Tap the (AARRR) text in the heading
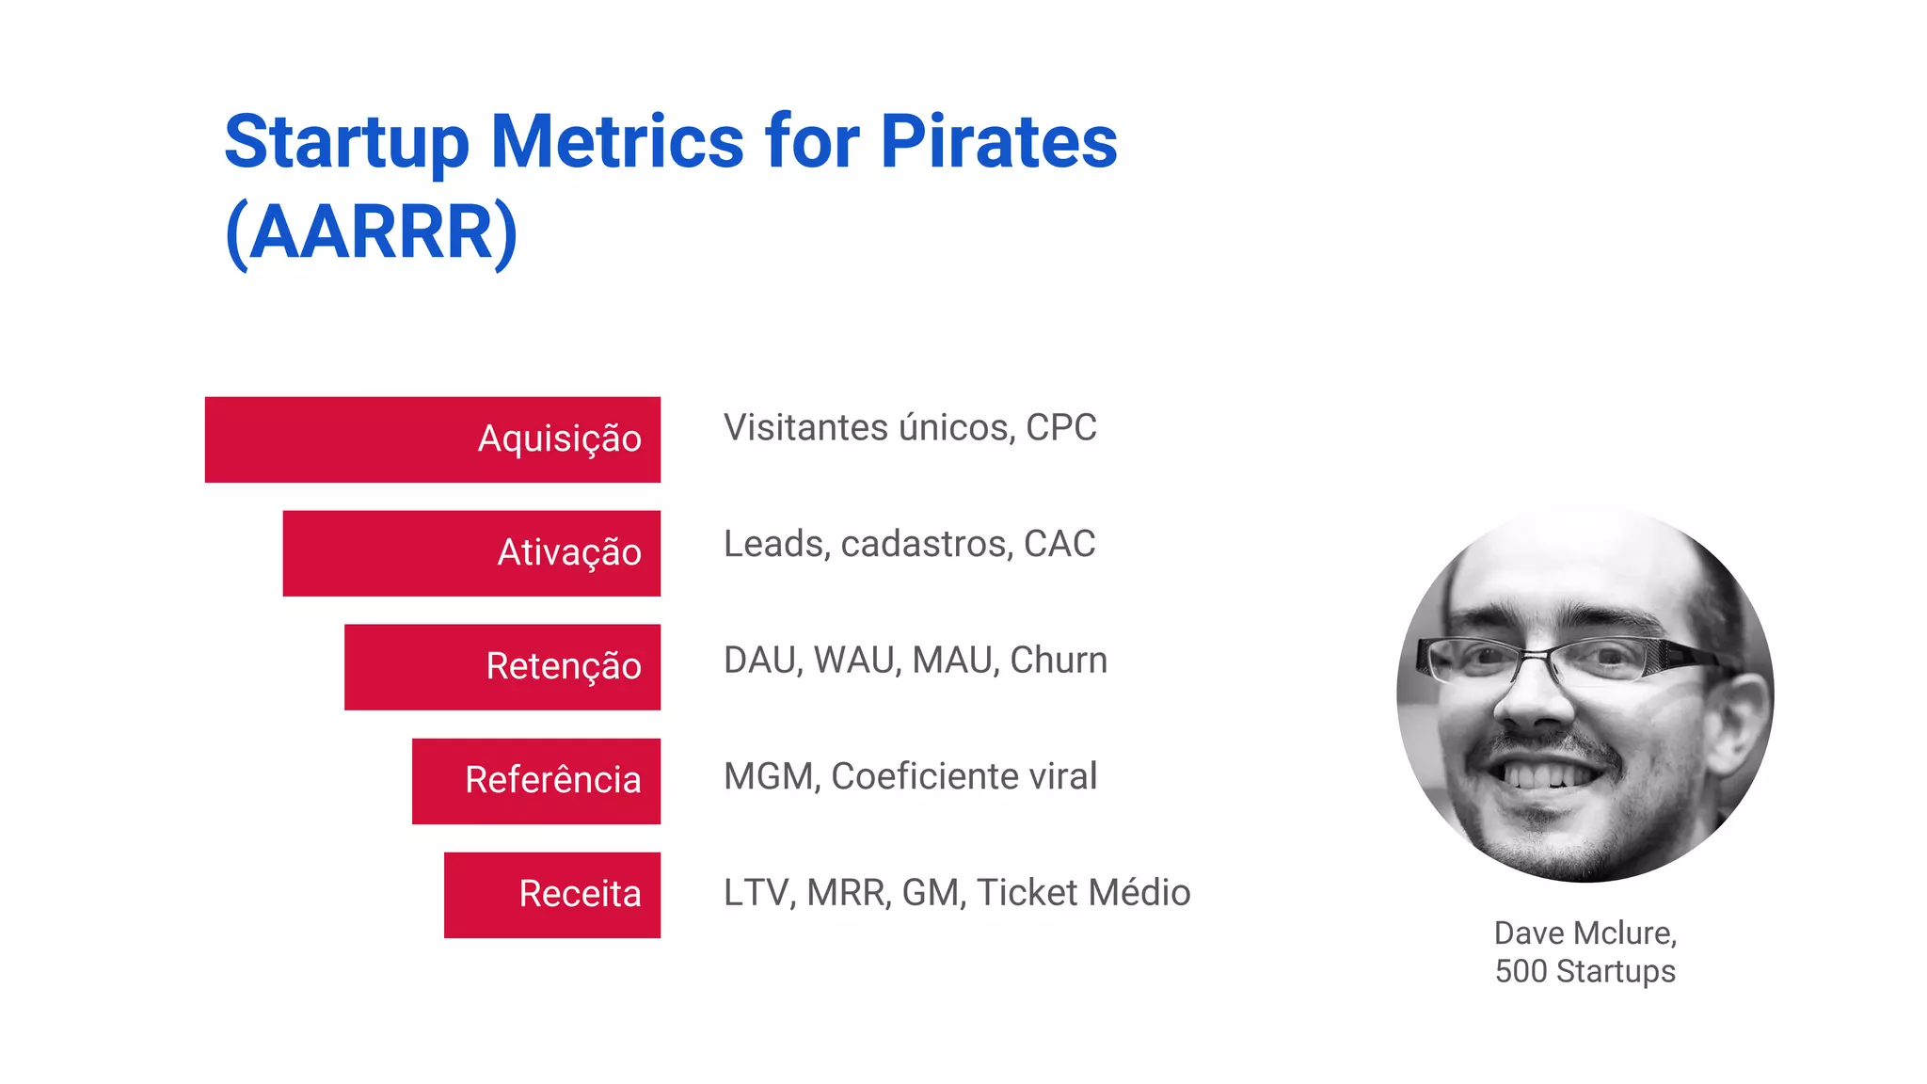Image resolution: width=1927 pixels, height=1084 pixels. tap(372, 232)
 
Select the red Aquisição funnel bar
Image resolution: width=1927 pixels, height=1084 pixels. tap(432, 439)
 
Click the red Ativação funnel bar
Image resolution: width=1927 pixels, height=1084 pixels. tap(470, 553)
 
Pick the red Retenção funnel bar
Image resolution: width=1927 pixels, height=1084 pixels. tap(502, 667)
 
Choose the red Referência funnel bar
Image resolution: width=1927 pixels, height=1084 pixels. tap(535, 781)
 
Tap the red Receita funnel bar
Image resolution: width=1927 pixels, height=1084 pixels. tap(551, 895)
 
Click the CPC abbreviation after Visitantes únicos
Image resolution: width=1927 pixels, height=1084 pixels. tap(1060, 428)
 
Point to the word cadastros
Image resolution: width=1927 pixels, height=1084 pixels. tap(927, 544)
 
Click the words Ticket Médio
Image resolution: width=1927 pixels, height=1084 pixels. tap(1083, 893)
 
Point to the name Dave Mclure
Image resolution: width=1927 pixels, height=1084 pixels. tap(1585, 933)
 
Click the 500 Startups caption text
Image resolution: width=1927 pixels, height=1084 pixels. tap(1585, 971)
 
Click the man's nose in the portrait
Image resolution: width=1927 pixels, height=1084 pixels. tap(1534, 701)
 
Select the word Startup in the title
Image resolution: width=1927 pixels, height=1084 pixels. tap(346, 142)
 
